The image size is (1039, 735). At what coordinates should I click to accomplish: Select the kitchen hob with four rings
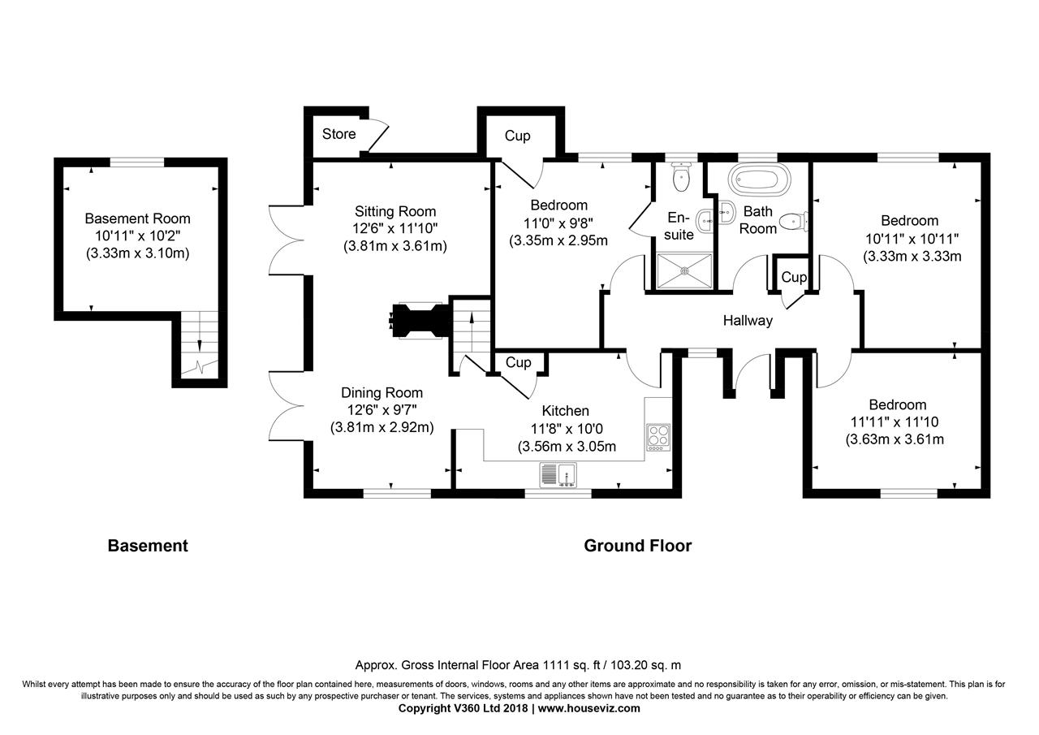pos(657,437)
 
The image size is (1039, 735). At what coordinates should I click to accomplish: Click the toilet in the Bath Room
pos(791,221)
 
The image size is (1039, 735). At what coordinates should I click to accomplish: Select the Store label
pos(338,134)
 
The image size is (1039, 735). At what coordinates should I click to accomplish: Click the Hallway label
pos(748,321)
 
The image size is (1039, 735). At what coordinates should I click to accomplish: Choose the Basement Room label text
pos(138,218)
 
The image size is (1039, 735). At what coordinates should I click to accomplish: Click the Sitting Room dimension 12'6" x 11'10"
pos(394,229)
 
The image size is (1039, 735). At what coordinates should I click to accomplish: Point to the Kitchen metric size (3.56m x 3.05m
pos(567,446)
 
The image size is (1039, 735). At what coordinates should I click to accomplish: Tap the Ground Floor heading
pos(637,546)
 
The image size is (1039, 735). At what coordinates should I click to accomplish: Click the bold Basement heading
pos(148,546)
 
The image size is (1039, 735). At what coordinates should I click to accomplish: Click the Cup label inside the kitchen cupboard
pos(518,363)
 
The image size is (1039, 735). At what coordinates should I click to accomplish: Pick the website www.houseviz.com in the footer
pos(588,708)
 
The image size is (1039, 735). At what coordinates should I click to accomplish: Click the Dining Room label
pos(382,393)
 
